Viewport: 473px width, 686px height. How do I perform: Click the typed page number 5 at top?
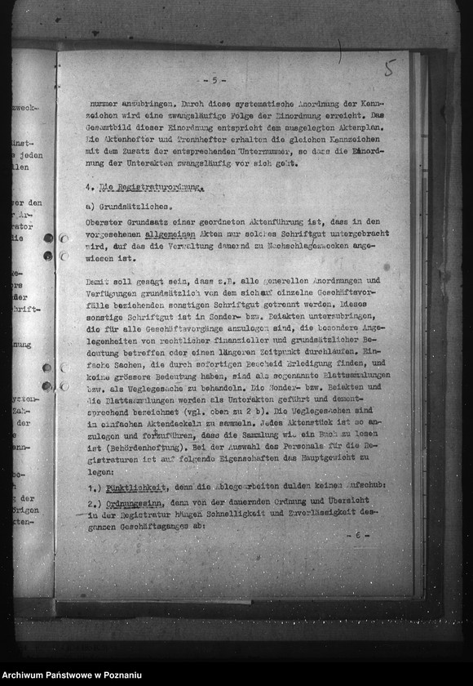214,80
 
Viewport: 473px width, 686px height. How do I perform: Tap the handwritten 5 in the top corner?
389,69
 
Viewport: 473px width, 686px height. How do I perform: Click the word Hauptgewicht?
340,460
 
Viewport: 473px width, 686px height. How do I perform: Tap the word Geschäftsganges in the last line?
135,526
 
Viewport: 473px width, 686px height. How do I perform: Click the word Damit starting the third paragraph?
98,281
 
